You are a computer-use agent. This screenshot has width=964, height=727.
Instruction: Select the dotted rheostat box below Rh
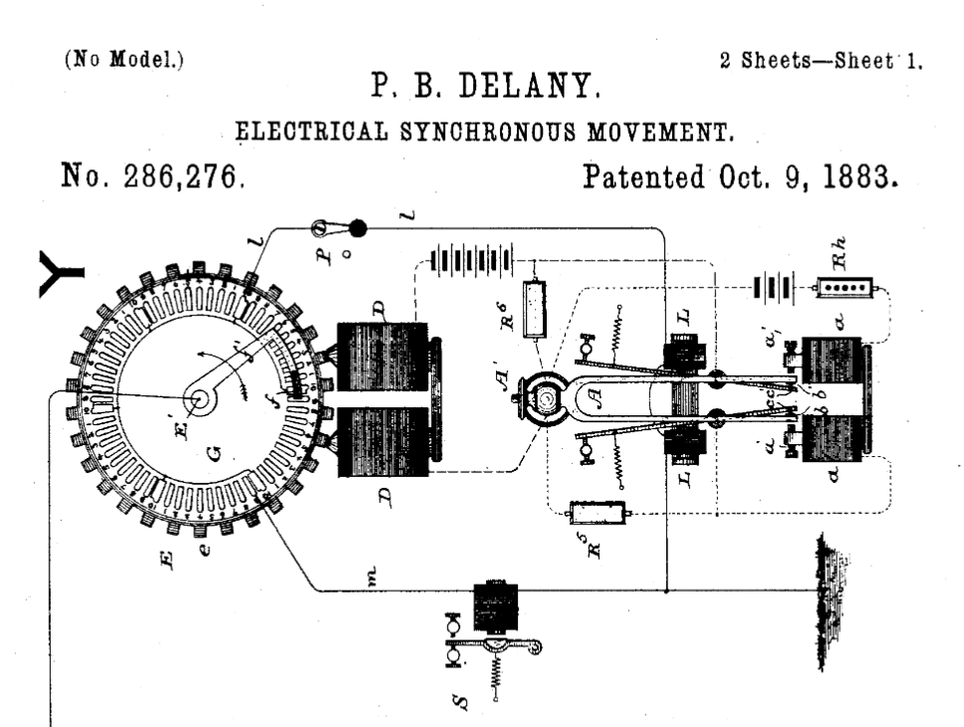(x=843, y=288)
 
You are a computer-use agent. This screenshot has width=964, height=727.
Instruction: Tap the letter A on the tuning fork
(x=595, y=393)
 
